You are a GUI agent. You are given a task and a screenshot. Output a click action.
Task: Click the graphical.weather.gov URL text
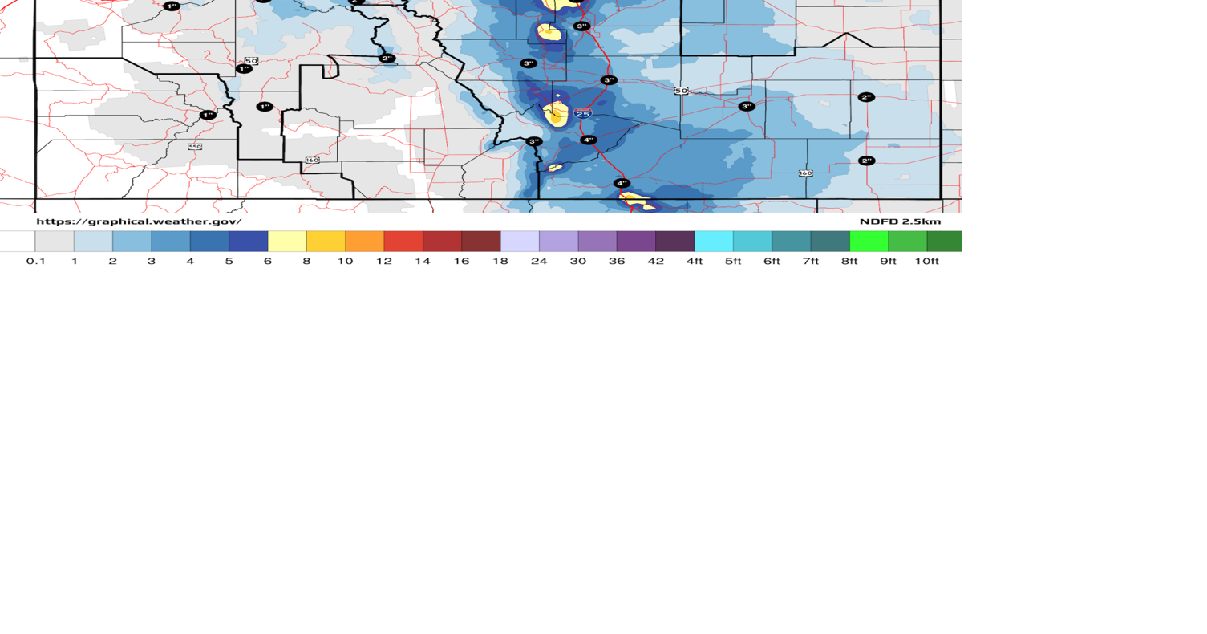pyautogui.click(x=139, y=221)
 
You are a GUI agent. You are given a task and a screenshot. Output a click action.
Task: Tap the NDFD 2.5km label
pyautogui.click(x=900, y=221)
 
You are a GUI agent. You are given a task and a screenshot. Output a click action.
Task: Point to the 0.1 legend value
pyautogui.click(x=35, y=261)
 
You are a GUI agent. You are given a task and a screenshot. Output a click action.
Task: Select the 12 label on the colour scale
pyautogui.click(x=384, y=261)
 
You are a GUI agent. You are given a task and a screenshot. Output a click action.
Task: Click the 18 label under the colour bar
pyautogui.click(x=500, y=261)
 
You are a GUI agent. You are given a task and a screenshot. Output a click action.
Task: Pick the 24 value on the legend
pyautogui.click(x=539, y=261)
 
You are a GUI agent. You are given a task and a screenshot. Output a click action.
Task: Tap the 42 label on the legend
pyautogui.click(x=655, y=261)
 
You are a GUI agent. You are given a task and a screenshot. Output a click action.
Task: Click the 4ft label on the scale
pyautogui.click(x=695, y=261)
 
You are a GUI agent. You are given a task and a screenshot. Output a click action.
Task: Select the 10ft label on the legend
pyautogui.click(x=926, y=261)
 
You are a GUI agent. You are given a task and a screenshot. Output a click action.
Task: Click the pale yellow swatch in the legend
pyautogui.click(x=287, y=241)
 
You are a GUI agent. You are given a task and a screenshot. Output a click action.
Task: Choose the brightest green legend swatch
pyautogui.click(x=869, y=241)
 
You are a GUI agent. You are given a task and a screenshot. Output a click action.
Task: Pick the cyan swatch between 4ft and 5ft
pyautogui.click(x=714, y=241)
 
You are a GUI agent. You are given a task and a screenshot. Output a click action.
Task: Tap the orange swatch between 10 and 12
pyautogui.click(x=365, y=241)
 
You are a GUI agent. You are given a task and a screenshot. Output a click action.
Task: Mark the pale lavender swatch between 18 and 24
pyautogui.click(x=520, y=241)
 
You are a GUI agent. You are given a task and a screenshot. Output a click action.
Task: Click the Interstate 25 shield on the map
pyautogui.click(x=583, y=114)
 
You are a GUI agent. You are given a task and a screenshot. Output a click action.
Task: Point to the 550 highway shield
pyautogui.click(x=195, y=146)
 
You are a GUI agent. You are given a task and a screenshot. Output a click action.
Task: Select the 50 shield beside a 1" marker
pyautogui.click(x=251, y=61)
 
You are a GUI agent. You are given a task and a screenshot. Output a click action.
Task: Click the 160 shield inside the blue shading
pyautogui.click(x=805, y=173)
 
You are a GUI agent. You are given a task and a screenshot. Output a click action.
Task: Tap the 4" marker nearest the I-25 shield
pyautogui.click(x=589, y=140)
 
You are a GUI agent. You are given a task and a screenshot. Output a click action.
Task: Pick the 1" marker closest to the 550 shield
pyautogui.click(x=208, y=115)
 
